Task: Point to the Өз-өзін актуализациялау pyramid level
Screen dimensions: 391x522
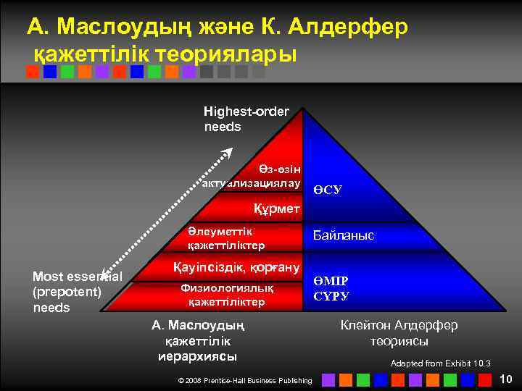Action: (x=262, y=176)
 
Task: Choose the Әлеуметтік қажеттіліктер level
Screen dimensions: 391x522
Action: (x=222, y=238)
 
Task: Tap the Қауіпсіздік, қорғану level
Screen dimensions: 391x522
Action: (x=236, y=268)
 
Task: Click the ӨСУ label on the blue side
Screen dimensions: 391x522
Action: (x=328, y=190)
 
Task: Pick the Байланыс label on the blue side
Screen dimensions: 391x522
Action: (x=343, y=235)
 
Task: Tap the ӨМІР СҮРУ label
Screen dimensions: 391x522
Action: (x=331, y=288)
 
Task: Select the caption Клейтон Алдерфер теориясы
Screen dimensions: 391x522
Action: (x=399, y=332)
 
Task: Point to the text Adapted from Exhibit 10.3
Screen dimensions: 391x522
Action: (x=440, y=363)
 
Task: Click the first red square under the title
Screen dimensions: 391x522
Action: (x=32, y=72)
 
